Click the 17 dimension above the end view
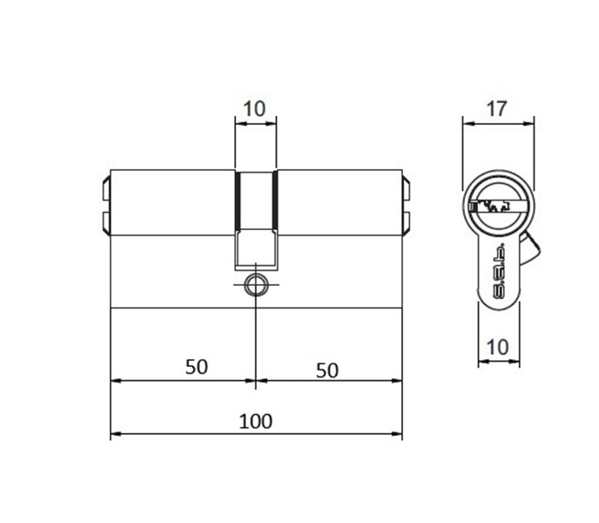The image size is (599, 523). (x=496, y=109)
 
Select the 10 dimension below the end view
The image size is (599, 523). (x=496, y=346)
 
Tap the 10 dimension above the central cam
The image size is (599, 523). (x=255, y=109)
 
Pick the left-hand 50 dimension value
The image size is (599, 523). (x=197, y=366)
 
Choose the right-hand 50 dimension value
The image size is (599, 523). (x=326, y=370)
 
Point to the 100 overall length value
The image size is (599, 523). (x=255, y=422)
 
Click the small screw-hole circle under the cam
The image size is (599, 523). (x=256, y=284)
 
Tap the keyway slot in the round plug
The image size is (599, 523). (x=488, y=207)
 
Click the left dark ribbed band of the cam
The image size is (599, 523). (x=236, y=200)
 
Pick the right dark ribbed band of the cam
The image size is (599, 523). (x=275, y=200)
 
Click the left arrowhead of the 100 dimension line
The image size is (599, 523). (x=114, y=434)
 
